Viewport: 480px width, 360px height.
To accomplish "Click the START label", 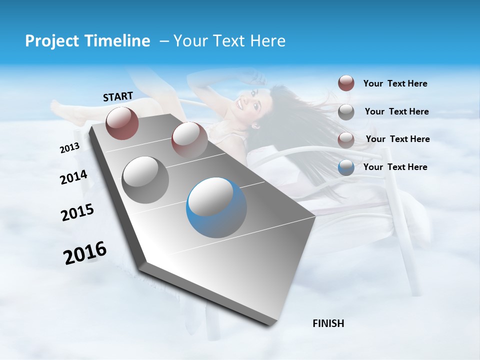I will (118, 96).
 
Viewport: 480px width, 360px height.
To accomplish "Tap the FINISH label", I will (328, 323).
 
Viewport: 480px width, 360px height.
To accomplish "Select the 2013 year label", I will (69, 148).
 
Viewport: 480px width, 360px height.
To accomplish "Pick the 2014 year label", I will (73, 177).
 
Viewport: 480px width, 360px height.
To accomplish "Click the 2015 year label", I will (77, 212).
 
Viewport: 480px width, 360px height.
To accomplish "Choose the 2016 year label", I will (85, 252).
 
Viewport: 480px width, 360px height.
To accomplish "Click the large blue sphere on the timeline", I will (216, 208).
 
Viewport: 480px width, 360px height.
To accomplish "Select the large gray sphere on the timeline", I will (145, 180).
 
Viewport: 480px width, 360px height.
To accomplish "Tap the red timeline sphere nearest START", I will (122, 122).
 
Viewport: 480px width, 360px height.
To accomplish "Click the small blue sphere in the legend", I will (346, 167).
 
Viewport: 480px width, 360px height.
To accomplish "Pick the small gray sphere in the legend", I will (346, 112).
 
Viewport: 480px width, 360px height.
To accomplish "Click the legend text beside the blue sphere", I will (395, 167).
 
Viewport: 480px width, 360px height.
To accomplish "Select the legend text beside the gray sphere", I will (397, 111).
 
